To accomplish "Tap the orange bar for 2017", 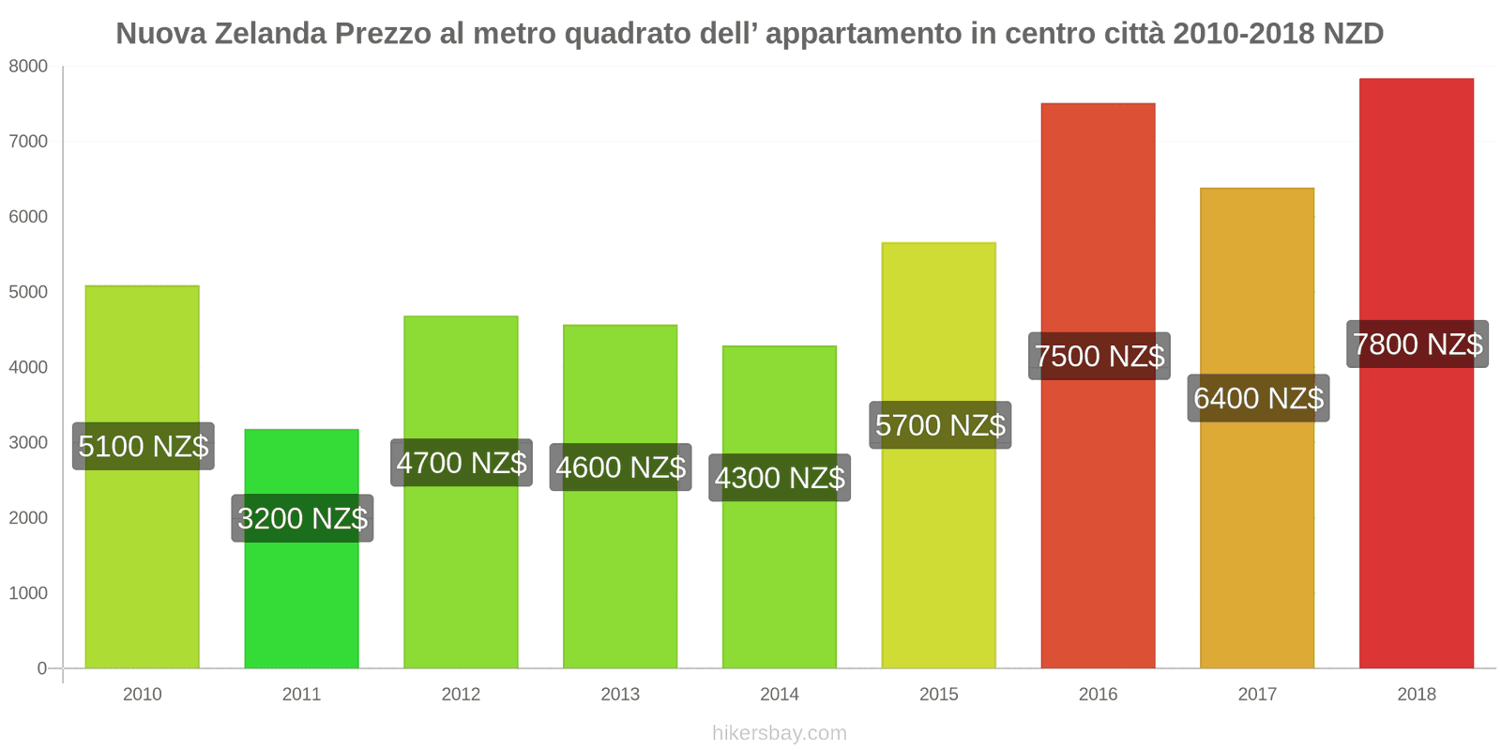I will point(1256,535).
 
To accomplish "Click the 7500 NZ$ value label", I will point(1099,357).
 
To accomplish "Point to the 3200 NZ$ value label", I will point(302,518).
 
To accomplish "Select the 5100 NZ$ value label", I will point(143,446).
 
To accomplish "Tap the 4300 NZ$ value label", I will point(780,478).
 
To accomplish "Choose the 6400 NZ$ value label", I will point(1258,398).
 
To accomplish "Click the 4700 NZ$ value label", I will point(461,463).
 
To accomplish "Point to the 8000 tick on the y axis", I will point(28,67).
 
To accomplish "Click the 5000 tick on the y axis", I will point(28,292).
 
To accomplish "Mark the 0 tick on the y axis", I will point(41,668).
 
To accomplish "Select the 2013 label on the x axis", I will point(620,695).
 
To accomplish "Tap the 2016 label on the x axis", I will point(1098,695).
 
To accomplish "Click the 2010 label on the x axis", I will point(143,695).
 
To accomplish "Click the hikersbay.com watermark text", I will point(779,733).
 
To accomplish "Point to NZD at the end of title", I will point(1353,34).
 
